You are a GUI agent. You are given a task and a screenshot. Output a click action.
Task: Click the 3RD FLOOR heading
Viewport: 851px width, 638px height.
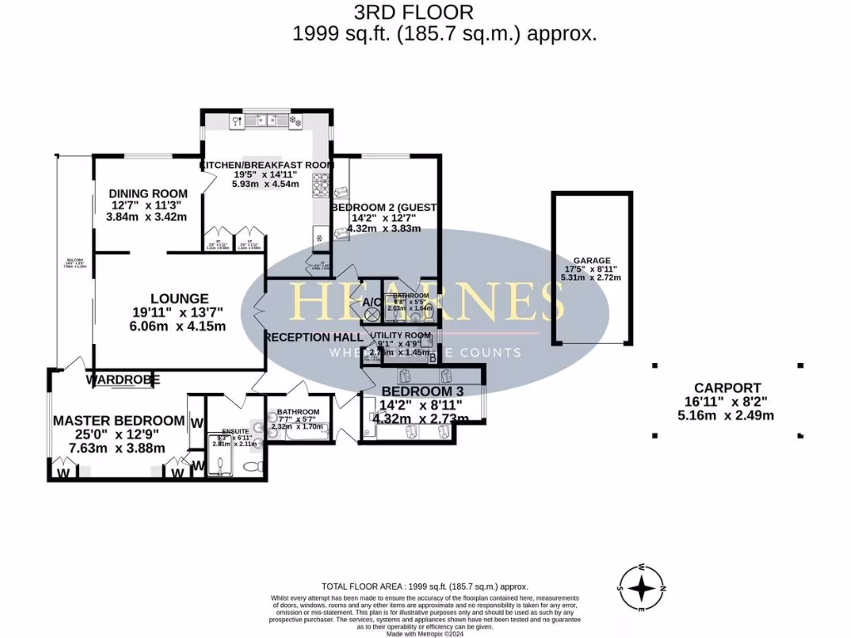tap(425, 12)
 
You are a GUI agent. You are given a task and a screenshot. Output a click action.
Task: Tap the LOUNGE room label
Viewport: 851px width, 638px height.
tap(179, 298)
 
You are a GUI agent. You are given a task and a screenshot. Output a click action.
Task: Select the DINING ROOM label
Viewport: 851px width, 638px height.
tap(148, 194)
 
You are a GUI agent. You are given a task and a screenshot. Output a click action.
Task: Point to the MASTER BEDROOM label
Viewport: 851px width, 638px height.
tap(118, 420)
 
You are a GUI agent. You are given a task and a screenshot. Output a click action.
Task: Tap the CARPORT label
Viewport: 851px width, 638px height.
tap(727, 387)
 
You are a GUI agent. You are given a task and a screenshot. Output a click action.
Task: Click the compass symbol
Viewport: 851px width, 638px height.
tap(641, 588)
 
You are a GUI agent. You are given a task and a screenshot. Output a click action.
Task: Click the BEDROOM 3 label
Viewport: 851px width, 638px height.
tap(419, 391)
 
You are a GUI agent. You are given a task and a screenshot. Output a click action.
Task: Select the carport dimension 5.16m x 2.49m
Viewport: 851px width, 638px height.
tap(727, 415)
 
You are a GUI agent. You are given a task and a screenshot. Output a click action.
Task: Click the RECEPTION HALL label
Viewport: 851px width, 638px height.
tap(313, 337)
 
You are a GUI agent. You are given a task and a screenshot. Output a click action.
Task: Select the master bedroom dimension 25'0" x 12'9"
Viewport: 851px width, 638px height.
tap(117, 434)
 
